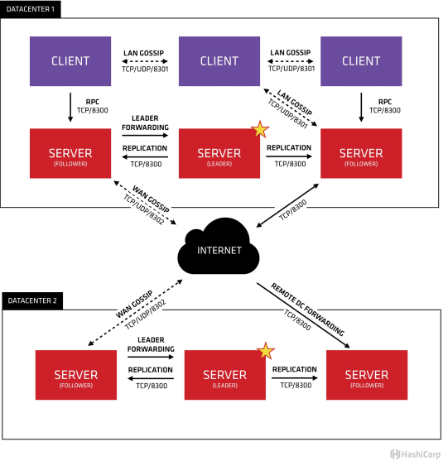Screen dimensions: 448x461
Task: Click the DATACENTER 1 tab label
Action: [x=31, y=9]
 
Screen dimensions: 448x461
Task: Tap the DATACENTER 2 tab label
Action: [x=32, y=300]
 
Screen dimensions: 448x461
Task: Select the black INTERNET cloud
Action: [x=219, y=247]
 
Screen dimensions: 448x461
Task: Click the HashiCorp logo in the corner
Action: [x=416, y=454]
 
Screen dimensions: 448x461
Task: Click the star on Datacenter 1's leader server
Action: [x=260, y=129]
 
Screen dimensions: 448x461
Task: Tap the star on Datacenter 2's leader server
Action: [x=266, y=351]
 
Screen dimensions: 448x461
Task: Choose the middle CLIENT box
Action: [x=219, y=61]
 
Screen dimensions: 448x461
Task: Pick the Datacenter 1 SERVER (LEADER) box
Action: [x=219, y=153]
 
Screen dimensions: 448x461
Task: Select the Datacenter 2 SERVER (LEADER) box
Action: [x=224, y=375]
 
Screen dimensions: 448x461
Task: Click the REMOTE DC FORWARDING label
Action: [x=307, y=310]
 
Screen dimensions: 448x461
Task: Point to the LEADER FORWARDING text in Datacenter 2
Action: [x=151, y=344]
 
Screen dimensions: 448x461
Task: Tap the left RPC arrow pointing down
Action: [x=70, y=108]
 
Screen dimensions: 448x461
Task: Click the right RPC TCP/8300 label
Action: [x=385, y=106]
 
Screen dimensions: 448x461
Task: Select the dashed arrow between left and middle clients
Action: [x=145, y=61]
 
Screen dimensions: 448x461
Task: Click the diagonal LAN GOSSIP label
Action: [x=295, y=103]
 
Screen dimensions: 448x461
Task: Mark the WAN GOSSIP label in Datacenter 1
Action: [x=151, y=199]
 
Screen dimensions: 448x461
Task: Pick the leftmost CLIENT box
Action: [x=70, y=61]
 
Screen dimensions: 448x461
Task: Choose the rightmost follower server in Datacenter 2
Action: [x=367, y=375]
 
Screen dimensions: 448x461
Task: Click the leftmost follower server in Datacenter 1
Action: [x=70, y=153]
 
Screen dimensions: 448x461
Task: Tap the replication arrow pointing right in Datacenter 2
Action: [x=295, y=378]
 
